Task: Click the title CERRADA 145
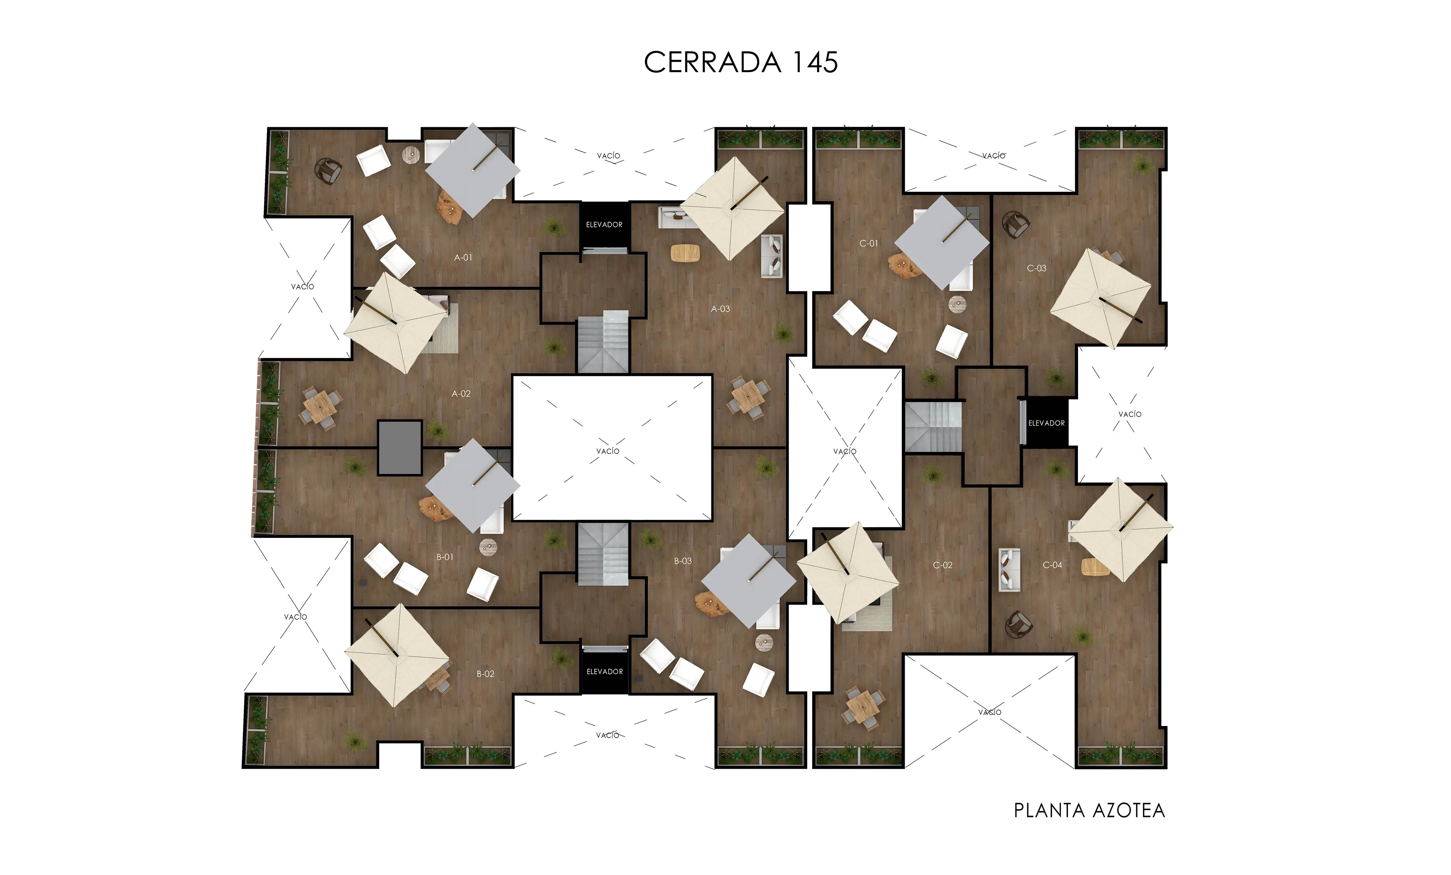740,62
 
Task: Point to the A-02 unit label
461,394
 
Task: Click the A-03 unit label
720,308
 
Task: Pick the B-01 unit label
445,557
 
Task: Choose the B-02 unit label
485,674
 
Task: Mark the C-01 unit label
868,243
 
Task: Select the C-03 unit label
1036,268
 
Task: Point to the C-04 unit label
1052,565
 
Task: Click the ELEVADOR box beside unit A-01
604,225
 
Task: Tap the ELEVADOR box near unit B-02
604,671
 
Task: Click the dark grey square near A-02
400,447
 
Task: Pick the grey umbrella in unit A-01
472,170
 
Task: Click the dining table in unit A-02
319,406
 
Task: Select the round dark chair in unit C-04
1018,624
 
